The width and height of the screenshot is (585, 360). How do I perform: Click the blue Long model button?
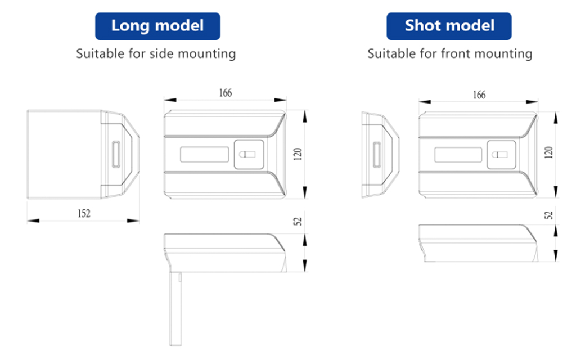[x=157, y=26]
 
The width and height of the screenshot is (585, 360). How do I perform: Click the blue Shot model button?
[x=449, y=26]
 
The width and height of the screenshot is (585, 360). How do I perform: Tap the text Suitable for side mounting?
[x=156, y=54]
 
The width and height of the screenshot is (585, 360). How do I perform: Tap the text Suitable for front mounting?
[x=449, y=54]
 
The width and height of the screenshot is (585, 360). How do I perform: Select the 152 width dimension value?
[x=84, y=213]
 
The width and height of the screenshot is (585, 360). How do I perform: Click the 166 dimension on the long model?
[x=226, y=93]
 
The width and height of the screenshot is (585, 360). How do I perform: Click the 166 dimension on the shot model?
[x=479, y=94]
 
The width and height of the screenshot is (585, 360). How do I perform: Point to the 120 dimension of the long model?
[x=298, y=154]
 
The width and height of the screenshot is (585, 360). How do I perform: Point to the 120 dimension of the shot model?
[x=548, y=152]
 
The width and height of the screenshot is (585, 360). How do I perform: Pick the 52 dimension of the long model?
[x=298, y=221]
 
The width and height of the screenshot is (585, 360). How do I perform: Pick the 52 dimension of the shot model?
[x=548, y=215]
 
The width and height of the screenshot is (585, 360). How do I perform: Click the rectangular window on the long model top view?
[x=204, y=155]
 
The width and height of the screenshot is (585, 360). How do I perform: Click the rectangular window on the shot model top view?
[x=458, y=155]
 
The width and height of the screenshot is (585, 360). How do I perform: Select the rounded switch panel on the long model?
[x=249, y=155]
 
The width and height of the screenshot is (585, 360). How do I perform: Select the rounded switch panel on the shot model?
[x=501, y=155]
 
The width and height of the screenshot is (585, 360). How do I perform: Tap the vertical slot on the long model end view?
[x=116, y=154]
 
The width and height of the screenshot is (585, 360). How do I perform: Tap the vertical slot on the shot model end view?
[x=376, y=155]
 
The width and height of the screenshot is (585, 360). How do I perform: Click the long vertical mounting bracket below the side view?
[x=175, y=309]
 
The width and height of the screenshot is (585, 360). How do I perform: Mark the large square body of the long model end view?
[x=64, y=154]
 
